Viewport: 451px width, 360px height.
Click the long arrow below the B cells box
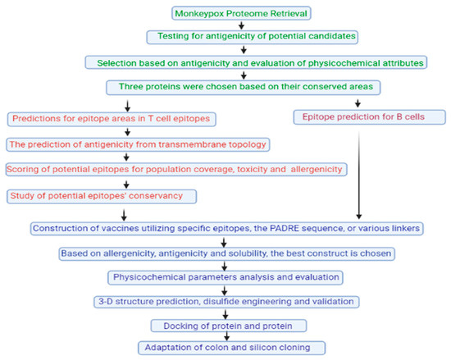click(x=358, y=172)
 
